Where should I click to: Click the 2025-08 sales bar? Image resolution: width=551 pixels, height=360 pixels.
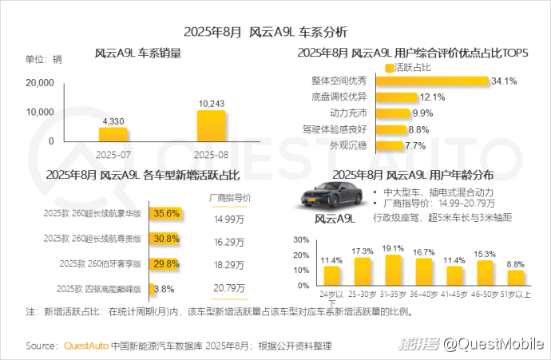pyautogui.click(x=211, y=125)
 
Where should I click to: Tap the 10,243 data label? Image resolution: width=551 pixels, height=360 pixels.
pyautogui.click(x=211, y=103)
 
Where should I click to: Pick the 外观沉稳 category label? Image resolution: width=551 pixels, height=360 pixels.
pyautogui.click(x=347, y=145)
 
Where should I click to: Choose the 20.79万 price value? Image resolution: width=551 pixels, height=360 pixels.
pyautogui.click(x=230, y=288)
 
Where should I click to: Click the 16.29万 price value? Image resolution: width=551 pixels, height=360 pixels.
pyautogui.click(x=230, y=239)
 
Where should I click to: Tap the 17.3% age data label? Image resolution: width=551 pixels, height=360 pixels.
pyautogui.click(x=363, y=251)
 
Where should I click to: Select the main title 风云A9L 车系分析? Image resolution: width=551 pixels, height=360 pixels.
pyautogui.click(x=275, y=33)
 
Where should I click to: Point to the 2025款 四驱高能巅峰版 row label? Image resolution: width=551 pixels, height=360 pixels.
pyautogui.click(x=93, y=288)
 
